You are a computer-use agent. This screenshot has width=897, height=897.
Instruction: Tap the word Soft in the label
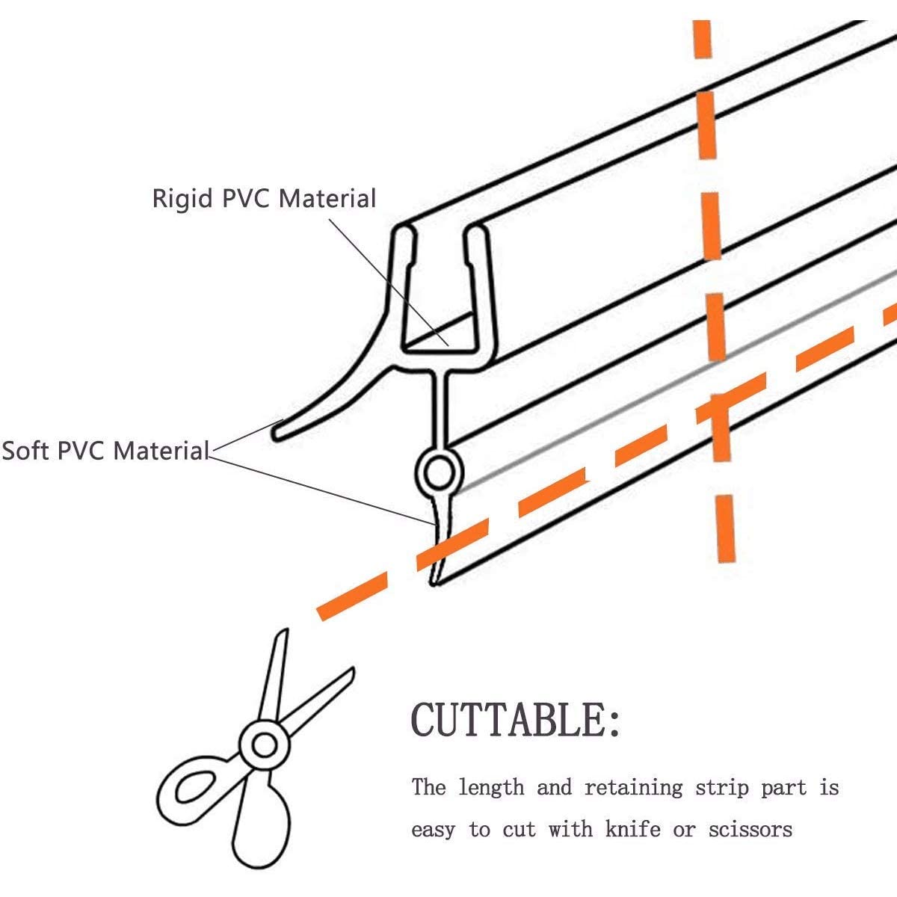tap(26, 451)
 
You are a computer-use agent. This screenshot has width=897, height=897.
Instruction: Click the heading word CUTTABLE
tap(508, 720)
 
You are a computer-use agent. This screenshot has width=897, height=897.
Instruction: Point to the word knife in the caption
tap(632, 829)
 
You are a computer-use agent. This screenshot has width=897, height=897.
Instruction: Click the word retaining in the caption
tap(634, 788)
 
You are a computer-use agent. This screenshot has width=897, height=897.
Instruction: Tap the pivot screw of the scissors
tap(265, 746)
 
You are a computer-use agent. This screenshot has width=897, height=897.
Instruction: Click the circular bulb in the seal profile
tap(439, 472)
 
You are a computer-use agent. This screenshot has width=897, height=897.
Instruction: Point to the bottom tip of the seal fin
tap(434, 585)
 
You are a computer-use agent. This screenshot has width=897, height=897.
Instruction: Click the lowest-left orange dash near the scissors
tap(352, 597)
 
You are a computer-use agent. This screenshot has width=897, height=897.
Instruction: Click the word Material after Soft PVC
tap(161, 451)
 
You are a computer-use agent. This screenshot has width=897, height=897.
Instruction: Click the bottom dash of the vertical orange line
tap(726, 528)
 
